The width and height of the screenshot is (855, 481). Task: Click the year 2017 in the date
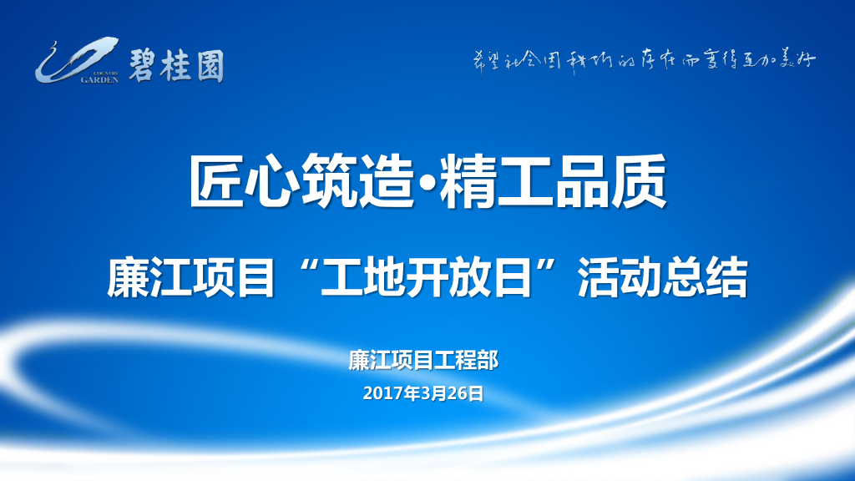[x=382, y=392]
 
